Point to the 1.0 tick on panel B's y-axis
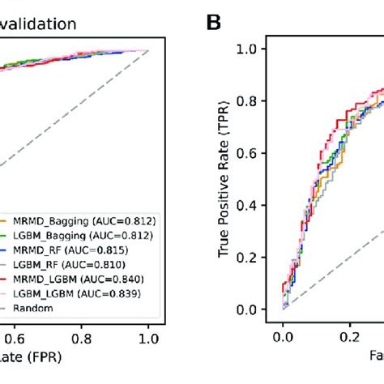[x=258, y=49]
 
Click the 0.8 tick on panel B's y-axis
[x=258, y=101]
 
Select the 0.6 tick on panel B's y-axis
[x=258, y=153]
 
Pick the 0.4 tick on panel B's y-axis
[x=258, y=205]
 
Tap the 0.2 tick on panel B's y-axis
[x=258, y=257]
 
